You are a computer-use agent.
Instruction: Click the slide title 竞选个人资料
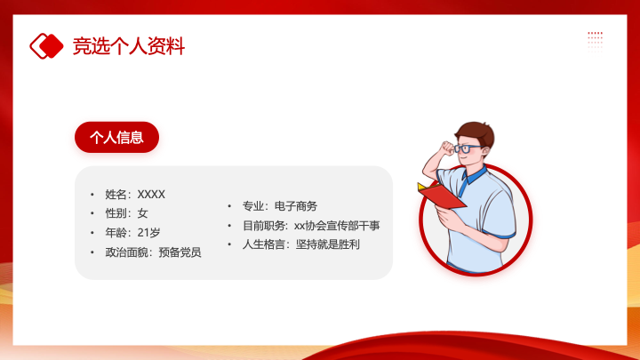(129, 45)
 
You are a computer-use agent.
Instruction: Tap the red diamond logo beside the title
(46, 46)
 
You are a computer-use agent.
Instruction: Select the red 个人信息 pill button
(116, 137)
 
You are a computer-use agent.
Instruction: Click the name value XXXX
(151, 195)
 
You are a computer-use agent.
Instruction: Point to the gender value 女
(142, 213)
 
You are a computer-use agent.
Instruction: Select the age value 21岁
(148, 233)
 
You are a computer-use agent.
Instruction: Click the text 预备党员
(180, 252)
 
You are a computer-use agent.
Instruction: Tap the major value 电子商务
(296, 206)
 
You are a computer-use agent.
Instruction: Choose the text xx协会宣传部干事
(337, 225)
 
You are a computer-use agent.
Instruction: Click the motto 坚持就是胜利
(328, 244)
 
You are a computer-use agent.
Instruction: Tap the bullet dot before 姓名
(92, 195)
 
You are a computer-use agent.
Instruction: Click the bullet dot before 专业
(229, 206)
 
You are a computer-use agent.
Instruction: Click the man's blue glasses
(467, 148)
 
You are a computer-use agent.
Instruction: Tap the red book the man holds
(442, 195)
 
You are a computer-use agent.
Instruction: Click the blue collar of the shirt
(473, 178)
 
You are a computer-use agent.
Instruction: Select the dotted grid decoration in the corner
(595, 41)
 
